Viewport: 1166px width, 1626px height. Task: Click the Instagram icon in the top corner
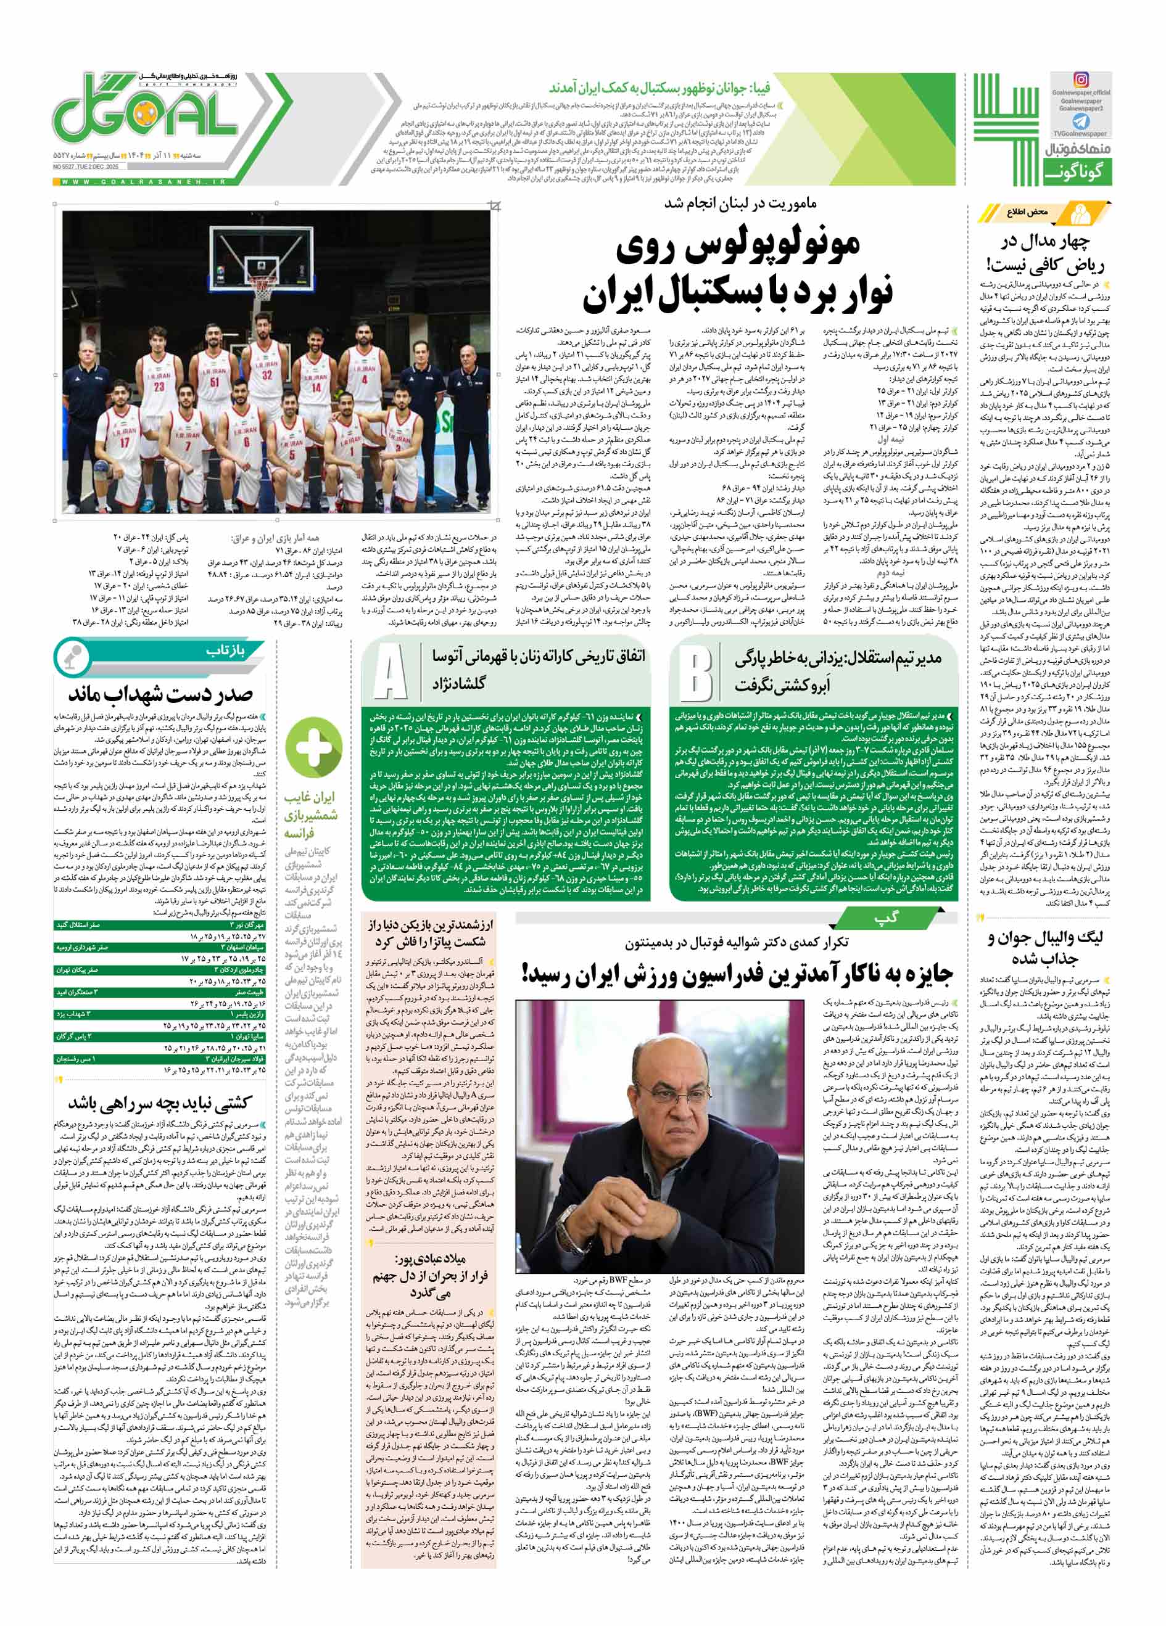1081,80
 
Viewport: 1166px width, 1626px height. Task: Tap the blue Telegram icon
1080,120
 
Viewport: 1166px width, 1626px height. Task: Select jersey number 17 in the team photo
125,442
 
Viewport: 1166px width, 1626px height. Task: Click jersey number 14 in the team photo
316,387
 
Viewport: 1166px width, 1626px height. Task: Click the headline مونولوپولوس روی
738,247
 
